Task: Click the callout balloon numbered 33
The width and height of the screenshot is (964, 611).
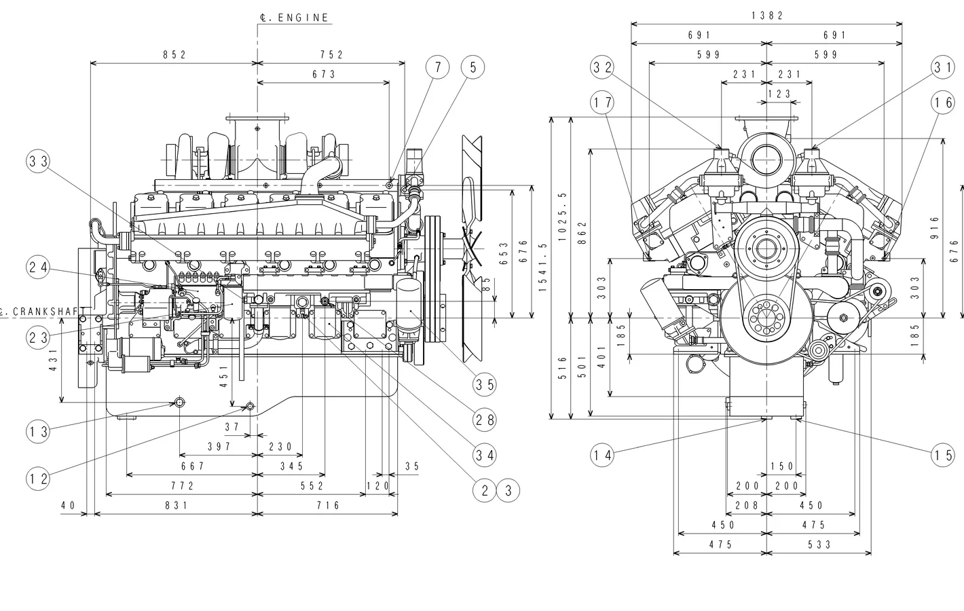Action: pyautogui.click(x=39, y=162)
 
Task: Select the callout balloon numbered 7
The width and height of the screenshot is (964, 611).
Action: pyautogui.click(x=438, y=67)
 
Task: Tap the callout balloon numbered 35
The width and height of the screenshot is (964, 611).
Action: pyautogui.click(x=485, y=385)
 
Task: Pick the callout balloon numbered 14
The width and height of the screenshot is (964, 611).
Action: pyautogui.click(x=602, y=456)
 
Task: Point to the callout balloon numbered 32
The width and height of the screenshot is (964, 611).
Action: pyautogui.click(x=602, y=67)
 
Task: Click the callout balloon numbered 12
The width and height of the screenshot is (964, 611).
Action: pyautogui.click(x=39, y=479)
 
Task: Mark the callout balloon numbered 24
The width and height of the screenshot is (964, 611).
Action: pyautogui.click(x=39, y=267)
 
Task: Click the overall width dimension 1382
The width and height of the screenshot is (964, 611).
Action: pyautogui.click(x=767, y=16)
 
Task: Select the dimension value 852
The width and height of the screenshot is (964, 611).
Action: pyautogui.click(x=174, y=55)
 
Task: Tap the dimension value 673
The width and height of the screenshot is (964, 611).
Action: pyautogui.click(x=325, y=74)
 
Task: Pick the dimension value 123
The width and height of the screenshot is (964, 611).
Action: pyautogui.click(x=779, y=94)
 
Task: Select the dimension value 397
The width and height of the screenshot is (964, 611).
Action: pyautogui.click(x=219, y=447)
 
